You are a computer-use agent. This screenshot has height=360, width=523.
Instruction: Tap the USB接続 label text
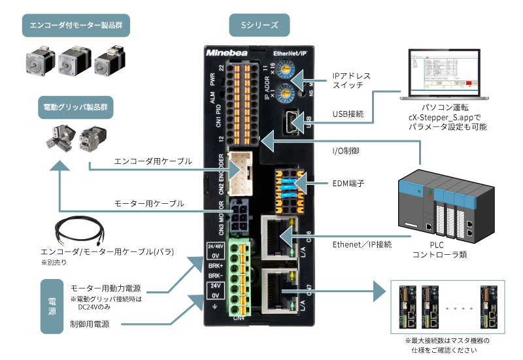(347, 114)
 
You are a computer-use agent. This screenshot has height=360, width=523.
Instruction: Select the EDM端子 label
(348, 184)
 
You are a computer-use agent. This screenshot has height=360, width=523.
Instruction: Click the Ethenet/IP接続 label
(362, 244)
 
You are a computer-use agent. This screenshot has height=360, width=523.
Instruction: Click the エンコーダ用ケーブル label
(152, 161)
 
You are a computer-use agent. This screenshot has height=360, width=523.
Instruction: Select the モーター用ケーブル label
(149, 203)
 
